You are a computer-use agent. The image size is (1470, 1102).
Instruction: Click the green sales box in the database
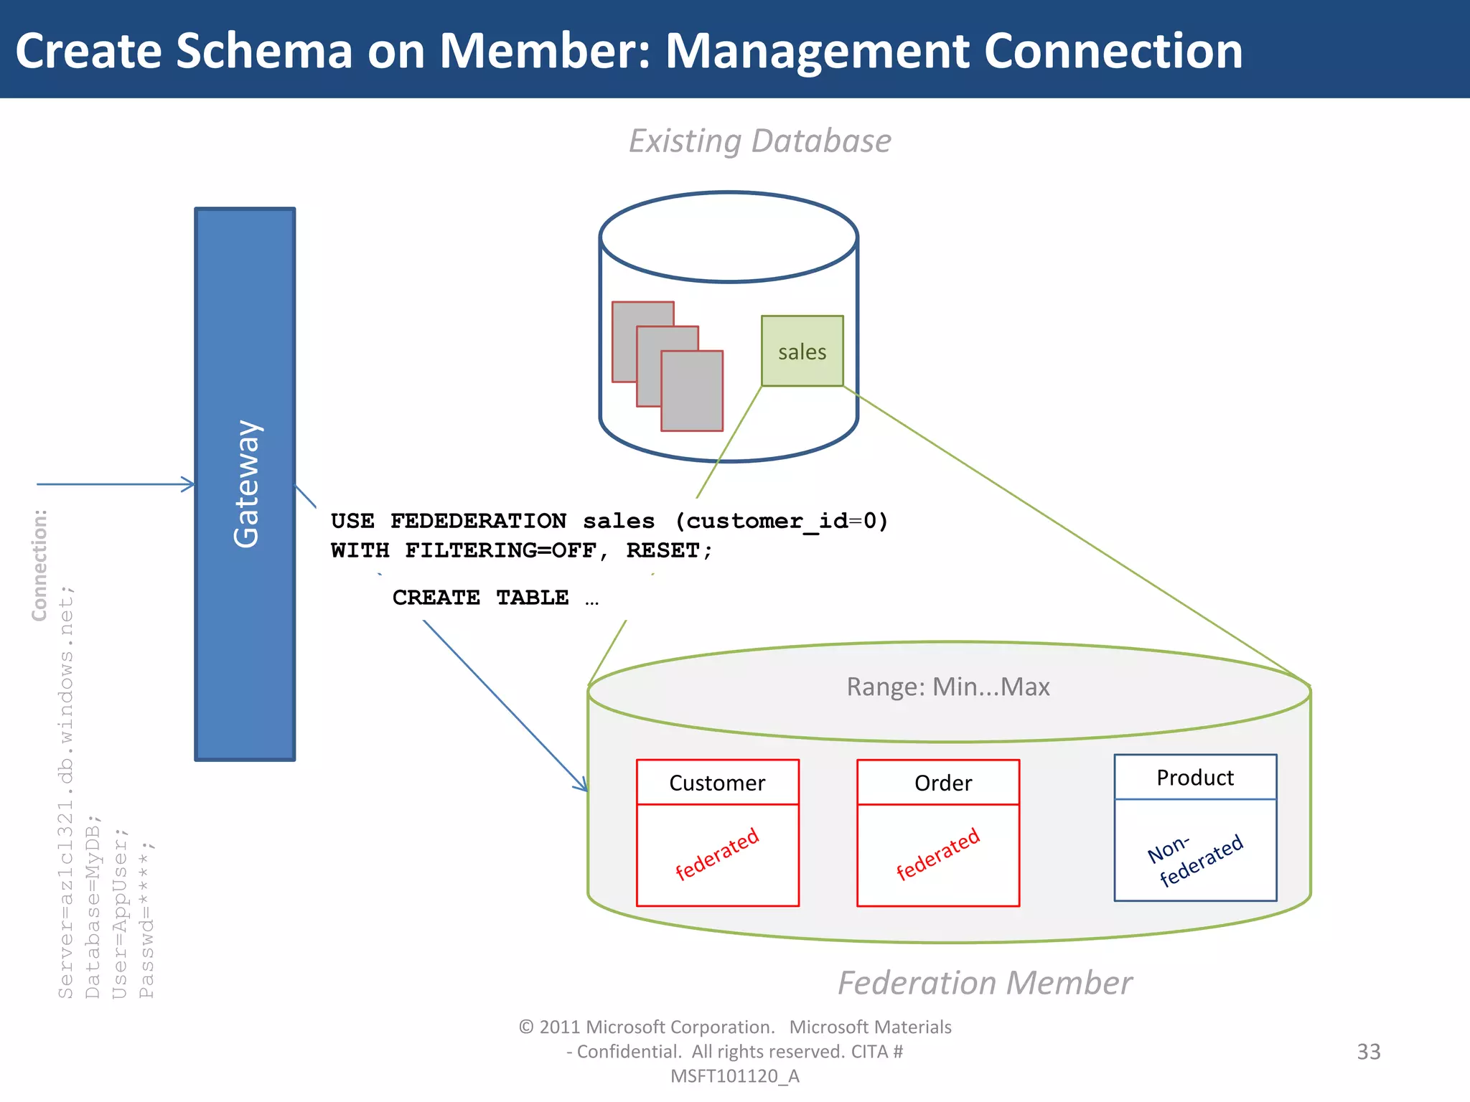tap(802, 351)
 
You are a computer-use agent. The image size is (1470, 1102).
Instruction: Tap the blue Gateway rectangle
tap(245, 484)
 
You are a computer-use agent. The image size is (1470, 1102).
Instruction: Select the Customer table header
tap(717, 783)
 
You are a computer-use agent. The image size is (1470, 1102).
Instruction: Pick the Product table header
tap(1195, 778)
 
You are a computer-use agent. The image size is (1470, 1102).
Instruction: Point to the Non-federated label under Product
tap(1195, 860)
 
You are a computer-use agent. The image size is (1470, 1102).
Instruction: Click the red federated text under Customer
tap(717, 854)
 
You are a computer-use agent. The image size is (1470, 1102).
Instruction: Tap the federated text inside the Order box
tap(937, 854)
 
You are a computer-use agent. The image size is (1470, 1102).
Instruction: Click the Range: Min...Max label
tap(947, 687)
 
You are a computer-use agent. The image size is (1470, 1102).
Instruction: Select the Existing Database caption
tap(759, 141)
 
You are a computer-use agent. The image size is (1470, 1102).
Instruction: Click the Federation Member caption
tap(984, 983)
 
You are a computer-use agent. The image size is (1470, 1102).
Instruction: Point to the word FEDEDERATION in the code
tap(478, 521)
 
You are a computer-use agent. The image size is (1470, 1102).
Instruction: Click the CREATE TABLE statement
tap(481, 598)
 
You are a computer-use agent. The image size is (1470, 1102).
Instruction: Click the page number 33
tap(1368, 1052)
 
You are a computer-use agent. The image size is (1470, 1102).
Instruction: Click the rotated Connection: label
tap(39, 565)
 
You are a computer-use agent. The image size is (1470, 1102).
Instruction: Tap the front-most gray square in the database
tap(691, 391)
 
